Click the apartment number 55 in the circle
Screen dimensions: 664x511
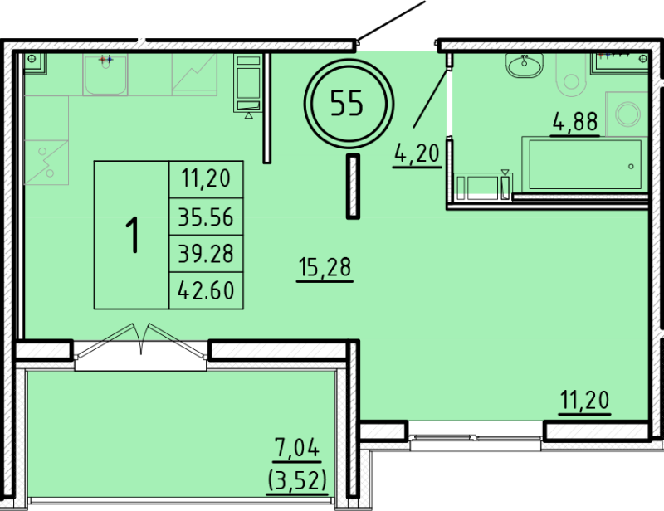pyautogui.click(x=347, y=104)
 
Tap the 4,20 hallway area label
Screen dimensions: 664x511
pyautogui.click(x=417, y=153)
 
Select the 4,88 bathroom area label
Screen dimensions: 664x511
pyautogui.click(x=575, y=121)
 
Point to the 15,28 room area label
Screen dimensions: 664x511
pyautogui.click(x=325, y=267)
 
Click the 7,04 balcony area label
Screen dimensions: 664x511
pyautogui.click(x=297, y=448)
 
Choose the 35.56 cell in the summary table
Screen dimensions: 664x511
pyautogui.click(x=206, y=217)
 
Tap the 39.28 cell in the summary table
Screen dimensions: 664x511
pyautogui.click(x=206, y=254)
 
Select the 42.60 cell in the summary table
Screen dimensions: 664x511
pyautogui.click(x=206, y=290)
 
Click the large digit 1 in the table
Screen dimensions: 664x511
pyautogui.click(x=133, y=235)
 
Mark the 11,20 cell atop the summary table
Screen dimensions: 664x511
pyautogui.click(x=206, y=178)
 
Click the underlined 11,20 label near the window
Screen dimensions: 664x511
pyautogui.click(x=585, y=400)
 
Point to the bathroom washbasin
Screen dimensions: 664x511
pyautogui.click(x=525, y=66)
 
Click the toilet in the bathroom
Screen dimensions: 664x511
pyautogui.click(x=571, y=75)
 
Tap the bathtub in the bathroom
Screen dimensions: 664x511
pyautogui.click(x=585, y=164)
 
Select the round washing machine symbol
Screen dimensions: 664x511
pyautogui.click(x=627, y=114)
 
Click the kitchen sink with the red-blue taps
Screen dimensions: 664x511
pyautogui.click(x=105, y=75)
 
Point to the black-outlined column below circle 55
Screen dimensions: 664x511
pyautogui.click(x=353, y=187)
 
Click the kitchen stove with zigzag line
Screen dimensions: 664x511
pyautogui.click(x=194, y=75)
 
